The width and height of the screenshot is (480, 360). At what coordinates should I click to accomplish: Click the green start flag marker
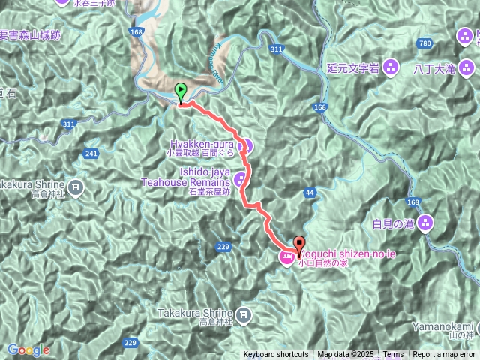pyautogui.click(x=181, y=92)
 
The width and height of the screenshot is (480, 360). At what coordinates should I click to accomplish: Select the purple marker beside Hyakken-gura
pyautogui.click(x=247, y=145)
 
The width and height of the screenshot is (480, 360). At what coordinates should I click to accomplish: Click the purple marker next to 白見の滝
pyautogui.click(x=425, y=223)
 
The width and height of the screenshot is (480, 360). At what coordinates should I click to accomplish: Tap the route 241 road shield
pyautogui.click(x=91, y=154)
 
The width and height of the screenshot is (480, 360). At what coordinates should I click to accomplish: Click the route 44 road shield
pyautogui.click(x=310, y=193)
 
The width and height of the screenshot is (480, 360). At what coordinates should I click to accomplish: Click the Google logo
pyautogui.click(x=28, y=349)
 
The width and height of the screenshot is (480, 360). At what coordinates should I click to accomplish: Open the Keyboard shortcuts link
pyautogui.click(x=275, y=355)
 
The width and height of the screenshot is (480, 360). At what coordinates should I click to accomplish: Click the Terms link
pyautogui.click(x=393, y=355)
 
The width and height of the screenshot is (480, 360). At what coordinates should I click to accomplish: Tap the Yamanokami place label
pyautogui.click(x=442, y=326)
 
